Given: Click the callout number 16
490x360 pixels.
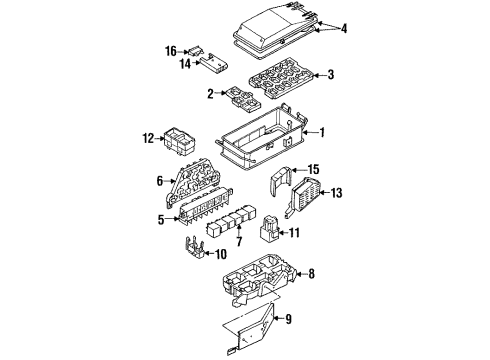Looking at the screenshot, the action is (171, 52).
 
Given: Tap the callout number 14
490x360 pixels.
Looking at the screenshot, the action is (185, 63).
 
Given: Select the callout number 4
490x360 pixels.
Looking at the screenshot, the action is (343, 29).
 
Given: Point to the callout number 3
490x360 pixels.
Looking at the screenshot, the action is (330, 75).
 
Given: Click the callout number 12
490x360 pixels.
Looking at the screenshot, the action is (148, 138).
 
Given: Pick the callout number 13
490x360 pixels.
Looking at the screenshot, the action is (336, 193).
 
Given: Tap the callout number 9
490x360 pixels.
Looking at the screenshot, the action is (288, 319).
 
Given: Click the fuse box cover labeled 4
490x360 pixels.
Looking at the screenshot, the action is (275, 32).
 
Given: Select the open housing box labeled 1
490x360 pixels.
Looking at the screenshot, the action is (262, 138).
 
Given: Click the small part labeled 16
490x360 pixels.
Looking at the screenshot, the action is (196, 52).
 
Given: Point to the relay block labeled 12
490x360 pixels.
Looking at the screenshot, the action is (179, 142).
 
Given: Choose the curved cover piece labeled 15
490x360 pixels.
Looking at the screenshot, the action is (279, 182).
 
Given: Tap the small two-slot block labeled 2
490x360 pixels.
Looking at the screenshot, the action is (243, 100).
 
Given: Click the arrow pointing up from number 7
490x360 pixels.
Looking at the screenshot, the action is (239, 230).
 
